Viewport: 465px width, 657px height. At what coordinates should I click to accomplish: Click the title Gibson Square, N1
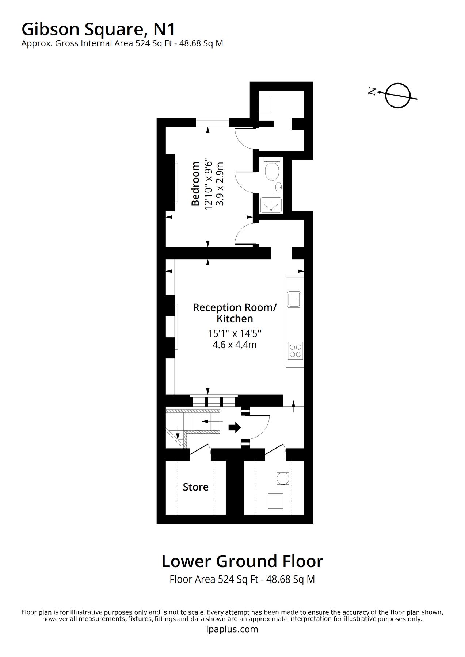99,29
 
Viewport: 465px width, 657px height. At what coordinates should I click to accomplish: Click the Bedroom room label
196,184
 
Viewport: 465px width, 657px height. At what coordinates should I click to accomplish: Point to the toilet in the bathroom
272,170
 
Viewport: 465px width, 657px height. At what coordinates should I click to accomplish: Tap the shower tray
271,205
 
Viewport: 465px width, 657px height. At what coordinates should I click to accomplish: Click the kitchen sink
294,299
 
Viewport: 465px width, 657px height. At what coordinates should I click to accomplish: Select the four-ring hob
295,350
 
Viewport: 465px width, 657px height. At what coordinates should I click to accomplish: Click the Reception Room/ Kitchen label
235,313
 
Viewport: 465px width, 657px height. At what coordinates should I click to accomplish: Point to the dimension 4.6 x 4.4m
235,345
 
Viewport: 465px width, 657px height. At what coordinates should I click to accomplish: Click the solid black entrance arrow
235,427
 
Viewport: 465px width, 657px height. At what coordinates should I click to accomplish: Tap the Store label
195,487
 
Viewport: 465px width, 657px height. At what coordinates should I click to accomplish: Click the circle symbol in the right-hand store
283,478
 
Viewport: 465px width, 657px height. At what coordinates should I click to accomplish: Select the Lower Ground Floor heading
242,561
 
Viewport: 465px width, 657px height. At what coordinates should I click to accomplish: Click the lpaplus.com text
232,629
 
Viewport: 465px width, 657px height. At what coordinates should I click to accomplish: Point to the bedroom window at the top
212,122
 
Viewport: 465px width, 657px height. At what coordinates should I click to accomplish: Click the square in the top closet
265,104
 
